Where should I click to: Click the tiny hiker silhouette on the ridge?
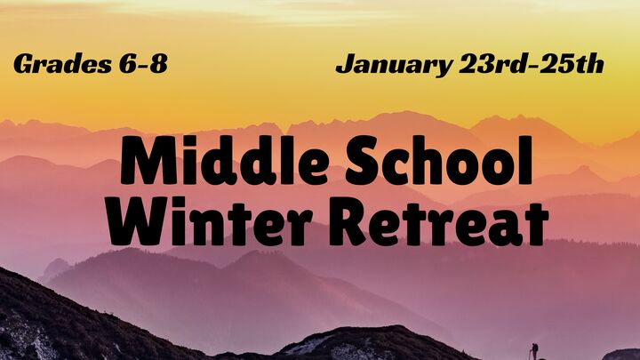(x=534, y=350)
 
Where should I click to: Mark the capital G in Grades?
(x=24, y=65)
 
